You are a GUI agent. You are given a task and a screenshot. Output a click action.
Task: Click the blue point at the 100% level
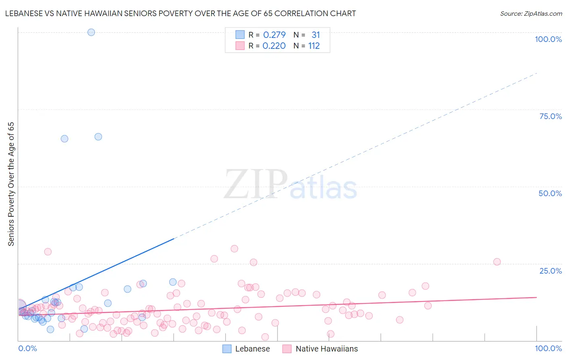(x=91, y=32)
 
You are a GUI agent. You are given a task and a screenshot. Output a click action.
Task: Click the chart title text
(x=180, y=13)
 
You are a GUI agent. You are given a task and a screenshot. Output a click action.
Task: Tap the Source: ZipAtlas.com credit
(x=531, y=13)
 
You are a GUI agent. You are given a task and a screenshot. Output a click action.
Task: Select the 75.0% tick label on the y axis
(x=550, y=116)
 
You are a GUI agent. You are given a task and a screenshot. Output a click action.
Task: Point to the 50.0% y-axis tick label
(x=550, y=193)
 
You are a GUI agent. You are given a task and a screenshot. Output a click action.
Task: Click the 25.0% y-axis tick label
(x=550, y=270)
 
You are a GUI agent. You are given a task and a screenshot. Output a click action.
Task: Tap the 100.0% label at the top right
(x=548, y=39)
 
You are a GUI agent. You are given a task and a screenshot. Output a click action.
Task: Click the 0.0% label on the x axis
(x=27, y=348)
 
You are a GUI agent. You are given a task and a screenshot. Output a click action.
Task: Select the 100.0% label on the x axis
(x=548, y=348)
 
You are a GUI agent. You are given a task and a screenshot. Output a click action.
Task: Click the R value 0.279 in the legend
(x=274, y=35)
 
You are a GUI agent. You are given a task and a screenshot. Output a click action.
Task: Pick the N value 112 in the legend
(x=314, y=46)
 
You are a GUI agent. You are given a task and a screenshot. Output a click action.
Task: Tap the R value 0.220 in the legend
(x=274, y=46)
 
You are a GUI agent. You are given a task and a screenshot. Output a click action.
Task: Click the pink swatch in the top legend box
(x=240, y=46)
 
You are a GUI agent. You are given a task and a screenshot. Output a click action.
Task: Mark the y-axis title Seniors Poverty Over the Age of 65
(x=11, y=184)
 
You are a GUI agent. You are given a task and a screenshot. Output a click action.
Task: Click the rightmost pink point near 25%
(x=497, y=262)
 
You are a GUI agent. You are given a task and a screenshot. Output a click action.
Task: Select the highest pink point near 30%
(x=234, y=249)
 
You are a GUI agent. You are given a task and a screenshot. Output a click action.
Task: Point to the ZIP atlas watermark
(x=290, y=185)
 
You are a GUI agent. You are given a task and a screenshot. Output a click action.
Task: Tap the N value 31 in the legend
(x=315, y=35)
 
